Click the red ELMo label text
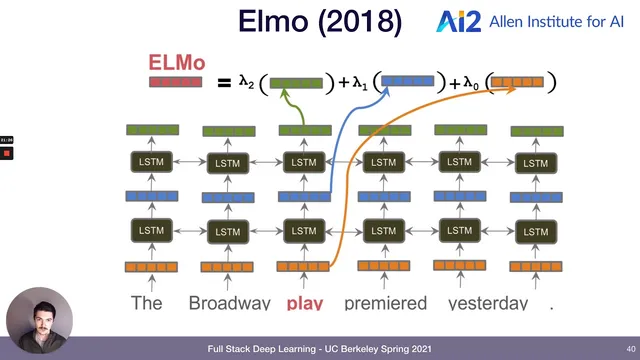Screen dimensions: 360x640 [x=178, y=63]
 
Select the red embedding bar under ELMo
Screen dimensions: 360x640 [x=176, y=82]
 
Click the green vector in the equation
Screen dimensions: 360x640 [x=297, y=83]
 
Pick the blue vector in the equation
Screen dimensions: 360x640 [x=408, y=82]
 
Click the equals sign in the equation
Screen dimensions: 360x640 [x=224, y=84]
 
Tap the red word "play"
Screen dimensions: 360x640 [x=305, y=302]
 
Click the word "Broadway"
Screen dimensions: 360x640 [x=229, y=302]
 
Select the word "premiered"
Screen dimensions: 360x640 [x=385, y=302]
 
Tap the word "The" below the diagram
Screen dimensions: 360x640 [x=148, y=302]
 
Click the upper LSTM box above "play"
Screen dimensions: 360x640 [x=303, y=162]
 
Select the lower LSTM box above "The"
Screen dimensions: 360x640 [x=151, y=230]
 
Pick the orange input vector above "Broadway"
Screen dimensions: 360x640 [x=228, y=267]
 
